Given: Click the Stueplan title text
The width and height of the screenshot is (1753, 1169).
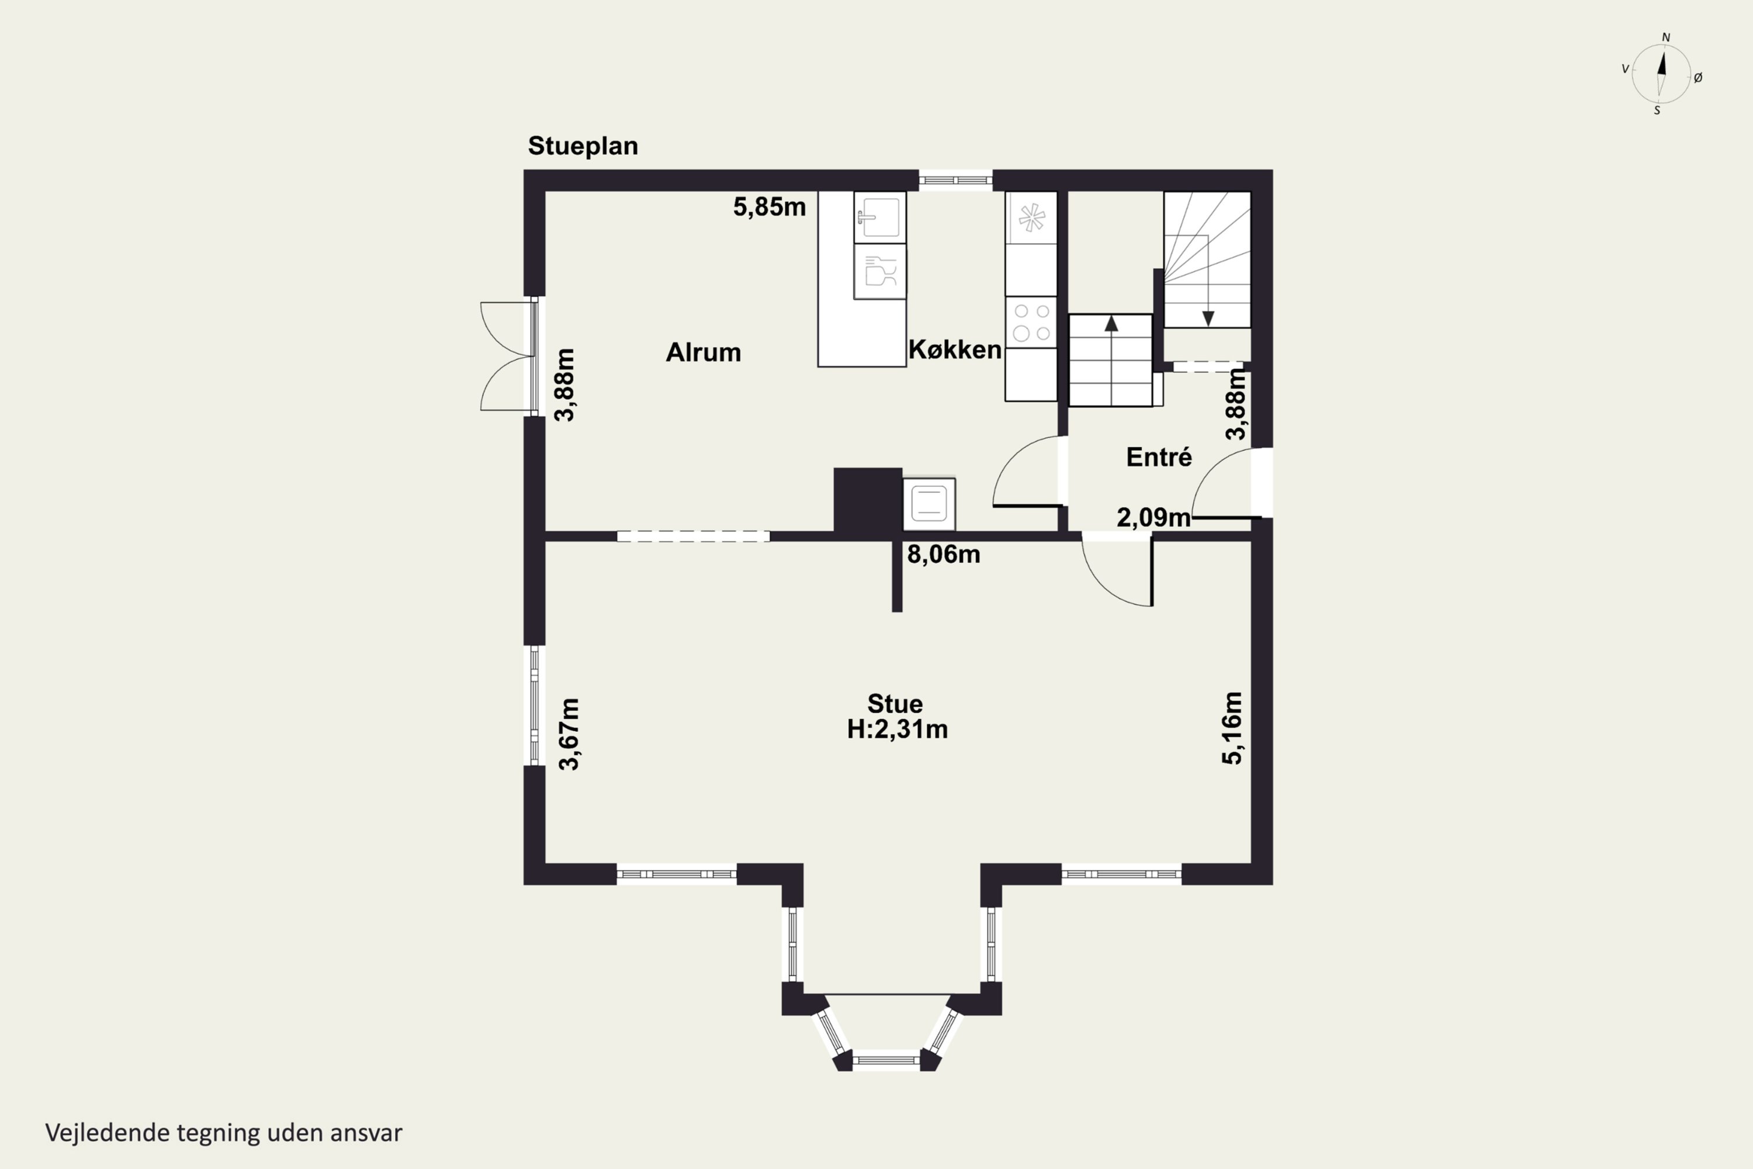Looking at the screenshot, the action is [x=583, y=146].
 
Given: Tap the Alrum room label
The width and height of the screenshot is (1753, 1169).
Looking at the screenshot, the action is [x=704, y=352].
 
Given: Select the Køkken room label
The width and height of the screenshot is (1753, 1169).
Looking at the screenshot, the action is [x=955, y=349].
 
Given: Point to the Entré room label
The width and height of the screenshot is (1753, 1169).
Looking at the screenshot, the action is [x=1159, y=456].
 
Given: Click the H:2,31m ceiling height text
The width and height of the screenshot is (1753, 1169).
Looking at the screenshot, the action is [x=898, y=729].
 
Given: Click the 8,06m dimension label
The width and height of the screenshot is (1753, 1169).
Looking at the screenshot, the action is [x=944, y=554].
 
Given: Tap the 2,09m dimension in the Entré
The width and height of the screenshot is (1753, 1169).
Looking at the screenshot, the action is [x=1153, y=517].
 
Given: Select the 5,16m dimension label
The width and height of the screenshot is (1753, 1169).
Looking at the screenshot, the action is [x=1232, y=728].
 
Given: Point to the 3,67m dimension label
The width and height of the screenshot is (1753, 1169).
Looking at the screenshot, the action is [x=569, y=734].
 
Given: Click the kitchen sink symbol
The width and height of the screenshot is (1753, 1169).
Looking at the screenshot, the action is [x=880, y=217].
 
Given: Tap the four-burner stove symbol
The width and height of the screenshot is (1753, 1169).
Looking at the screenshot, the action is [x=1031, y=322].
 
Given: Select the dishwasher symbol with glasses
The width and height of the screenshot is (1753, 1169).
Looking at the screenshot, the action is [x=880, y=271].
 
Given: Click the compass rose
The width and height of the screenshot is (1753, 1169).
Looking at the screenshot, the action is [x=1661, y=74].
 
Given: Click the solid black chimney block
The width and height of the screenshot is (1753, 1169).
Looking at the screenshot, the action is [x=868, y=500].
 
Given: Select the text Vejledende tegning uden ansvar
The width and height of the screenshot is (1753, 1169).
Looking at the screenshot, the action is [x=224, y=1133].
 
